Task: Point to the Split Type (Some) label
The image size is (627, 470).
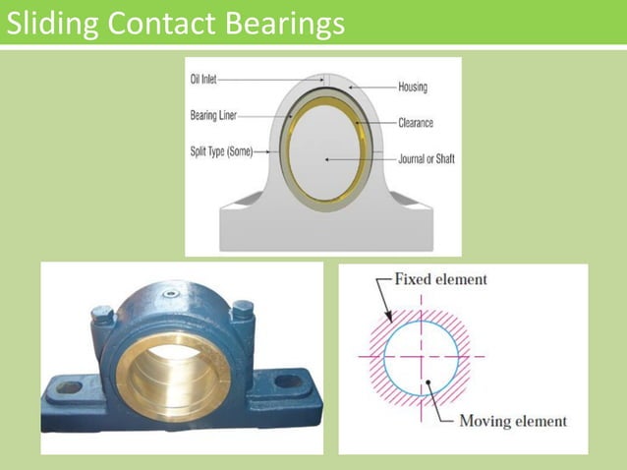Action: pyautogui.click(x=221, y=150)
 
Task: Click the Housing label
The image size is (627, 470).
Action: pyautogui.click(x=413, y=87)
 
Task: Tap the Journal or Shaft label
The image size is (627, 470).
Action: pyautogui.click(x=426, y=158)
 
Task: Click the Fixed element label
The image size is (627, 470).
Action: pyautogui.click(x=440, y=279)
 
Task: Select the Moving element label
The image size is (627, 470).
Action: pyautogui.click(x=513, y=421)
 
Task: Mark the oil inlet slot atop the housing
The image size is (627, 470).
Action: pyautogui.click(x=327, y=80)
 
